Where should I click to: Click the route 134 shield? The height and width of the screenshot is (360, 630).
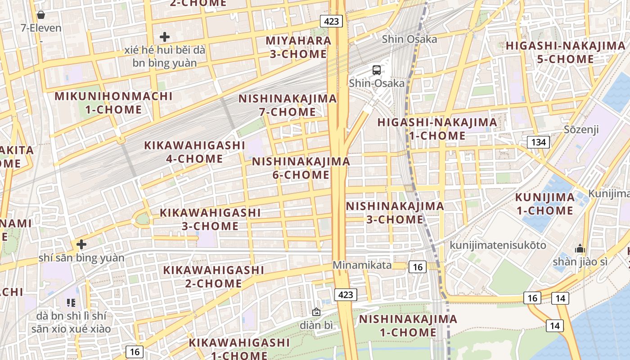(x=539, y=143)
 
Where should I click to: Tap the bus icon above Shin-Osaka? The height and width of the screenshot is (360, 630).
(x=377, y=70)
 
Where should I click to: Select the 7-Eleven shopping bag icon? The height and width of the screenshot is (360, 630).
(x=41, y=15)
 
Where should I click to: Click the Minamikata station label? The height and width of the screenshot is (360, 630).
(x=362, y=265)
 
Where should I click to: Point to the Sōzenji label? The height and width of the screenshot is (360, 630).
(x=581, y=130)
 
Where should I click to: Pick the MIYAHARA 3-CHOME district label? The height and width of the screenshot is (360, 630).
(x=298, y=47)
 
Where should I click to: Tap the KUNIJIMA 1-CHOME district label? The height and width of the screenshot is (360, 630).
(x=544, y=204)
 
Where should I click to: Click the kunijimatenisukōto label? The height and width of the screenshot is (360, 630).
(x=491, y=245)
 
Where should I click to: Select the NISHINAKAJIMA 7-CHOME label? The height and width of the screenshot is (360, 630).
(x=288, y=105)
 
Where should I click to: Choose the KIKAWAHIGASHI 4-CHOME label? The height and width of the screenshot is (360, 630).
(x=194, y=152)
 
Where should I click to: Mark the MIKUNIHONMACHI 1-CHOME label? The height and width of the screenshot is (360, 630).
(x=113, y=103)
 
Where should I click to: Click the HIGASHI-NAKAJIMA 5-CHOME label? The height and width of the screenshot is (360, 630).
(x=566, y=52)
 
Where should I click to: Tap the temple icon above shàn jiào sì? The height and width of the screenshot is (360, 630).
(x=580, y=249)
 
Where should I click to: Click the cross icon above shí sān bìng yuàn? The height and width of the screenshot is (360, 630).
(x=81, y=244)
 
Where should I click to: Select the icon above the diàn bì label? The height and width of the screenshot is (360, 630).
(x=316, y=311)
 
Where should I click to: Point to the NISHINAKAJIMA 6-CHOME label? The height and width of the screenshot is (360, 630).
(x=301, y=168)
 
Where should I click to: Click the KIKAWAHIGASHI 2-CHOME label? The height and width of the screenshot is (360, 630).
(x=213, y=276)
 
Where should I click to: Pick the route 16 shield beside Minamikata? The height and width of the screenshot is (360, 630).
(x=418, y=267)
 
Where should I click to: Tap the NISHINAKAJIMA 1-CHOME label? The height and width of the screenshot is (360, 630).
(x=408, y=326)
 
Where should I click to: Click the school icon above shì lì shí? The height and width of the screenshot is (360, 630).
(x=71, y=303)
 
